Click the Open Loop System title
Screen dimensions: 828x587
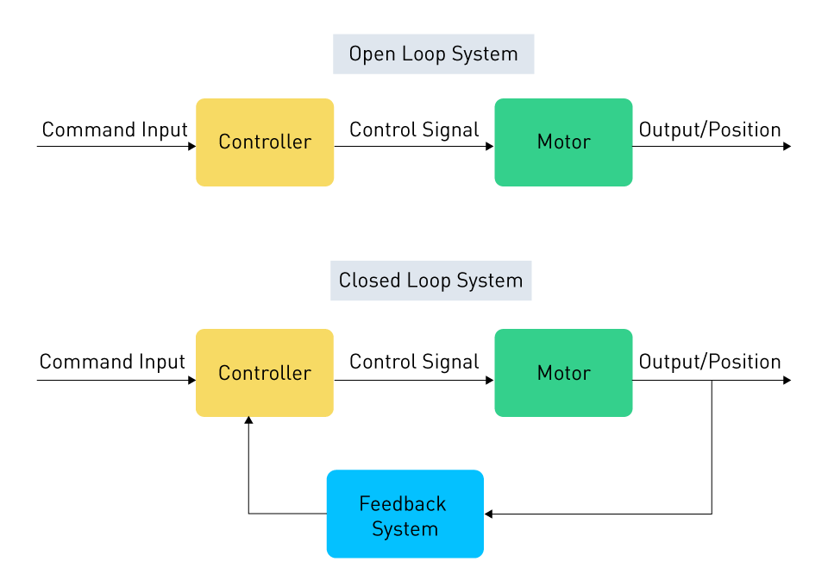pyautogui.click(x=433, y=54)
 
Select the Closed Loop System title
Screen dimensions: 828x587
pyautogui.click(x=431, y=281)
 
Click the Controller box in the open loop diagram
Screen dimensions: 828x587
pyautogui.click(x=265, y=142)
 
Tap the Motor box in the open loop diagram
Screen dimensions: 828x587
pyautogui.click(x=563, y=142)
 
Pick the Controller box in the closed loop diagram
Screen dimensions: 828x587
pyautogui.click(x=265, y=373)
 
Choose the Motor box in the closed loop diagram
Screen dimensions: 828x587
pyautogui.click(x=563, y=373)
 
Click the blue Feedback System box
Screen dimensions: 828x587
pyautogui.click(x=405, y=514)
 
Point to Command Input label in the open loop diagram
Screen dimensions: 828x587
pyautogui.click(x=115, y=130)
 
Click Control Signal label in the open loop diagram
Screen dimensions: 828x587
pyautogui.click(x=414, y=130)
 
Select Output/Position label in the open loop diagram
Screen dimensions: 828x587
pyautogui.click(x=710, y=130)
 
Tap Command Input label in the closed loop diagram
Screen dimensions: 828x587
pyautogui.click(x=112, y=362)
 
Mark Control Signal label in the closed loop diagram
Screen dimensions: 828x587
pyautogui.click(x=414, y=362)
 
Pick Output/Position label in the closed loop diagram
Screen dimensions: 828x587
pyautogui.click(x=710, y=362)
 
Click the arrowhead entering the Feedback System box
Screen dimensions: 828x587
pyautogui.click(x=488, y=514)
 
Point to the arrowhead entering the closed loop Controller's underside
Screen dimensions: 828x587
pyautogui.click(x=248, y=420)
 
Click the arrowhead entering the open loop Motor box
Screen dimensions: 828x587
pyautogui.click(x=490, y=147)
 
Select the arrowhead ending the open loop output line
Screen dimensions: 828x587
pyautogui.click(x=787, y=147)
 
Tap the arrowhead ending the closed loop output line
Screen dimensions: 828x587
pyautogui.click(x=787, y=381)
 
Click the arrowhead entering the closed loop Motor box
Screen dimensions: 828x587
pyautogui.click(x=490, y=381)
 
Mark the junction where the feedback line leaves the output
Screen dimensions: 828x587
pyautogui.click(x=712, y=381)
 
